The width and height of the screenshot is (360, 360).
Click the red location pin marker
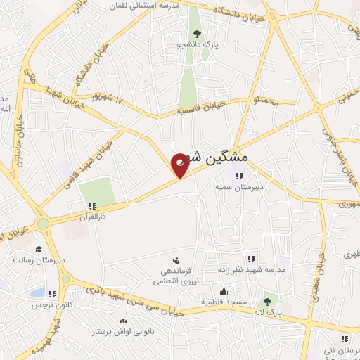[x=180, y=165]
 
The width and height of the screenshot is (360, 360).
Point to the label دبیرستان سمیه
[x=239, y=188]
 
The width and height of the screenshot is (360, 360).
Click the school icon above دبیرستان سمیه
[x=239, y=176]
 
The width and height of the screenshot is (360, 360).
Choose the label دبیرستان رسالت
[x=39, y=260]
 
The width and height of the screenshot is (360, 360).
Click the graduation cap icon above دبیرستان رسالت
[x=39, y=249]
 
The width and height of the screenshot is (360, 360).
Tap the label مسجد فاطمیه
[x=224, y=302]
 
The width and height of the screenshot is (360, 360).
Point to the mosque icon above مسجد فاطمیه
[x=224, y=291]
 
